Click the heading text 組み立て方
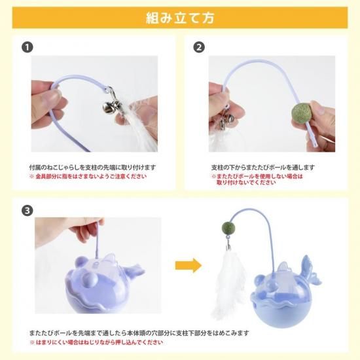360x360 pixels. (x=180, y=18)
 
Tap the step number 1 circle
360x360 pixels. (x=27, y=47)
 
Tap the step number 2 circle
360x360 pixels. (x=199, y=47)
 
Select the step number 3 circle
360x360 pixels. (x=27, y=211)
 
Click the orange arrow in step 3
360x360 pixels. (x=189, y=266)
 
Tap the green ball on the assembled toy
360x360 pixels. (x=228, y=228)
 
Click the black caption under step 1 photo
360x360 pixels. (x=92, y=168)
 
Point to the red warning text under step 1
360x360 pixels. (x=88, y=176)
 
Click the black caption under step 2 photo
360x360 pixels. (x=262, y=168)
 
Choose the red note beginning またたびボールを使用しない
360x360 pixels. (x=257, y=179)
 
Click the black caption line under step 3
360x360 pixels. (x=139, y=333)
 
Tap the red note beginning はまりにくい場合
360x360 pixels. (x=96, y=342)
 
